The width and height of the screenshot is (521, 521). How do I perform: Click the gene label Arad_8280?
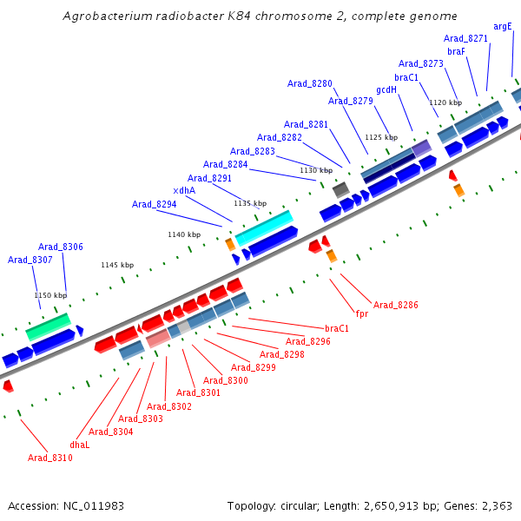pos(310,83)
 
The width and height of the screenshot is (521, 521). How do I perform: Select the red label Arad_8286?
pos(396,305)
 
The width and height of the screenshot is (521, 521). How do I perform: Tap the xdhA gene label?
pos(184,191)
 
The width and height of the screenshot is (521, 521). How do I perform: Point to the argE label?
pos(503,26)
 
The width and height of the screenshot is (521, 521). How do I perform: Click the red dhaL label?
pos(80,444)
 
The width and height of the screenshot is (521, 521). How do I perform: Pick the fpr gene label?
pos(362,313)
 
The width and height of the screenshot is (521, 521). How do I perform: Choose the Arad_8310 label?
pos(50,458)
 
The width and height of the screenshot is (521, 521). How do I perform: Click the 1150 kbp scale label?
pos(50,295)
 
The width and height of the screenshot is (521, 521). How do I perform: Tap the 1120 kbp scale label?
pos(445,102)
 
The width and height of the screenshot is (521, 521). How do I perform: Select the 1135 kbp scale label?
pos(249,203)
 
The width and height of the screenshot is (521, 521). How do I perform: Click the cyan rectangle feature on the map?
pos(264,228)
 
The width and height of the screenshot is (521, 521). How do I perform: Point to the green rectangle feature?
pos(49,326)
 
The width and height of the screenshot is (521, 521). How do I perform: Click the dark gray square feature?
pos(341,188)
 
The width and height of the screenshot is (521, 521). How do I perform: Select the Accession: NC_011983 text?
pos(66,505)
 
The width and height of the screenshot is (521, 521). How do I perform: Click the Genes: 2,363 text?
pos(487,505)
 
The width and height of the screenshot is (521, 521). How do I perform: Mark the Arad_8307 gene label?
pos(30,260)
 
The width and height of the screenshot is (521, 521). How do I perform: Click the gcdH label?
pos(386,89)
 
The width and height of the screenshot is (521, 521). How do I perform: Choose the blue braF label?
pos(457,51)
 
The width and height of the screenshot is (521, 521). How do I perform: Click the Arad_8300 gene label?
pos(226,380)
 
